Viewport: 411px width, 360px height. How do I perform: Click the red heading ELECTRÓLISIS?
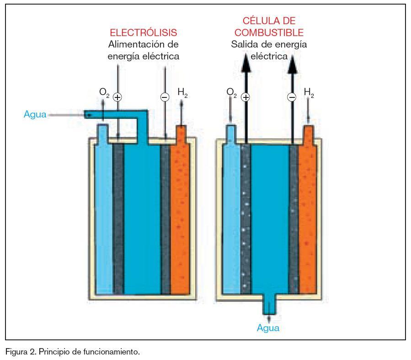point(143,33)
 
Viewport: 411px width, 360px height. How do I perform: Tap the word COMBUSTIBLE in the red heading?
point(269,33)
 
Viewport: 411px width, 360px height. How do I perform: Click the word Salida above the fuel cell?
point(244,44)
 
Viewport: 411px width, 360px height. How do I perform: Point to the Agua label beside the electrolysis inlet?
point(35,114)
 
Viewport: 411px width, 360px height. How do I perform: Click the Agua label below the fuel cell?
point(268,328)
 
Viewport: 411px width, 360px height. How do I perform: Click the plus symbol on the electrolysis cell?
point(117,97)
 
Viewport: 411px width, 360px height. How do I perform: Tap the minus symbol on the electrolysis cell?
point(165,97)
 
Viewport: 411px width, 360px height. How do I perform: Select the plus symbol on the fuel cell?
point(246,97)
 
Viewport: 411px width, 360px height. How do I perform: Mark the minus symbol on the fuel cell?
point(292,97)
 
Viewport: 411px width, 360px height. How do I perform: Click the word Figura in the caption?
point(15,352)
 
